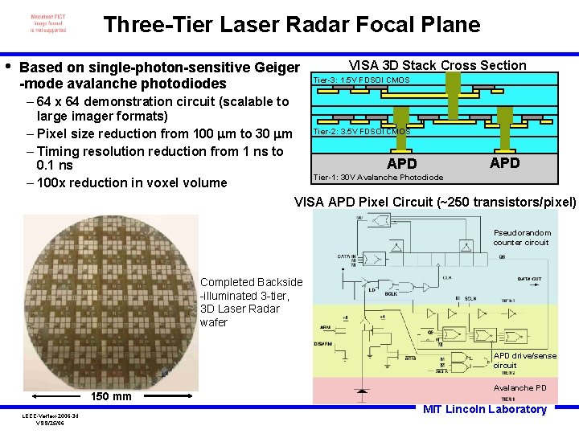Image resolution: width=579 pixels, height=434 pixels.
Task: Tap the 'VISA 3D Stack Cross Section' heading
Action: point(437,65)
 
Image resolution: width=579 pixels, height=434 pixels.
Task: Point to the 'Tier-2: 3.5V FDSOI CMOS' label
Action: point(361,131)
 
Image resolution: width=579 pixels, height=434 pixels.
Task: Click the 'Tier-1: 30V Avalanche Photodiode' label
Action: point(377,177)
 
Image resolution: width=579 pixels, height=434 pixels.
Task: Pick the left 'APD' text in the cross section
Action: point(402,164)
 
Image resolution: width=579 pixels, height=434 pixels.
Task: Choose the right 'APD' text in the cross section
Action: point(505,162)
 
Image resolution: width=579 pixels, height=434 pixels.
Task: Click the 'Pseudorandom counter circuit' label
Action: point(520,238)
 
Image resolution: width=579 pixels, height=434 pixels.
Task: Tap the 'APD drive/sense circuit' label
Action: point(524,360)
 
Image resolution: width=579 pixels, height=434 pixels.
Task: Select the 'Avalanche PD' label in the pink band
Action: point(519,387)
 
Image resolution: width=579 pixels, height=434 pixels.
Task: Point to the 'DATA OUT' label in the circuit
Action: point(528,278)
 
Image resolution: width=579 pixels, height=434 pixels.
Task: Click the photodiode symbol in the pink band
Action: point(361,391)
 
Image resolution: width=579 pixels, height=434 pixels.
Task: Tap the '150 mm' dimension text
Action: point(111,396)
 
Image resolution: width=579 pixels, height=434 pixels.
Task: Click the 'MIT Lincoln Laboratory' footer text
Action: point(485,409)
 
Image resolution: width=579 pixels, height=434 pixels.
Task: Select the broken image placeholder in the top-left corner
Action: point(48,23)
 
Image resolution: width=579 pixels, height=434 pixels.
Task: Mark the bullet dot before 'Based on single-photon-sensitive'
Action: point(8,66)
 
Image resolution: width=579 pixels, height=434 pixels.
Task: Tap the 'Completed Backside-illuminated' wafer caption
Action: point(251,302)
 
